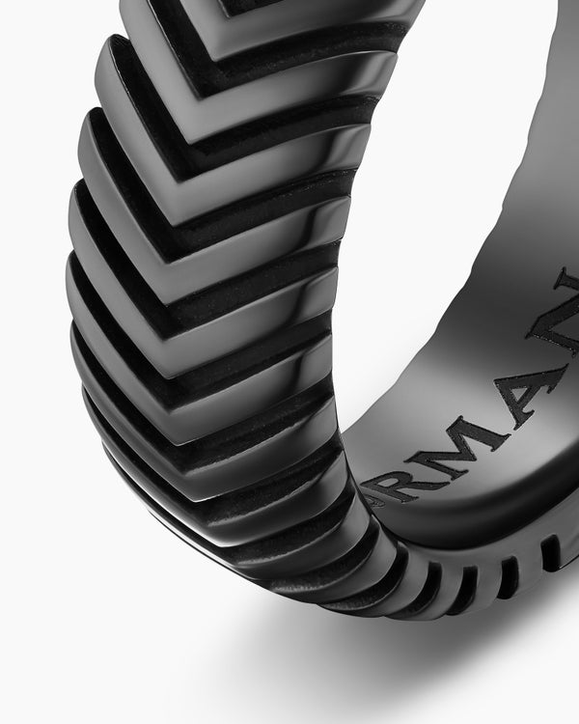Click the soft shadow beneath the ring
click(x=289, y=666)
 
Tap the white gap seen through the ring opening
click(x=454, y=193)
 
